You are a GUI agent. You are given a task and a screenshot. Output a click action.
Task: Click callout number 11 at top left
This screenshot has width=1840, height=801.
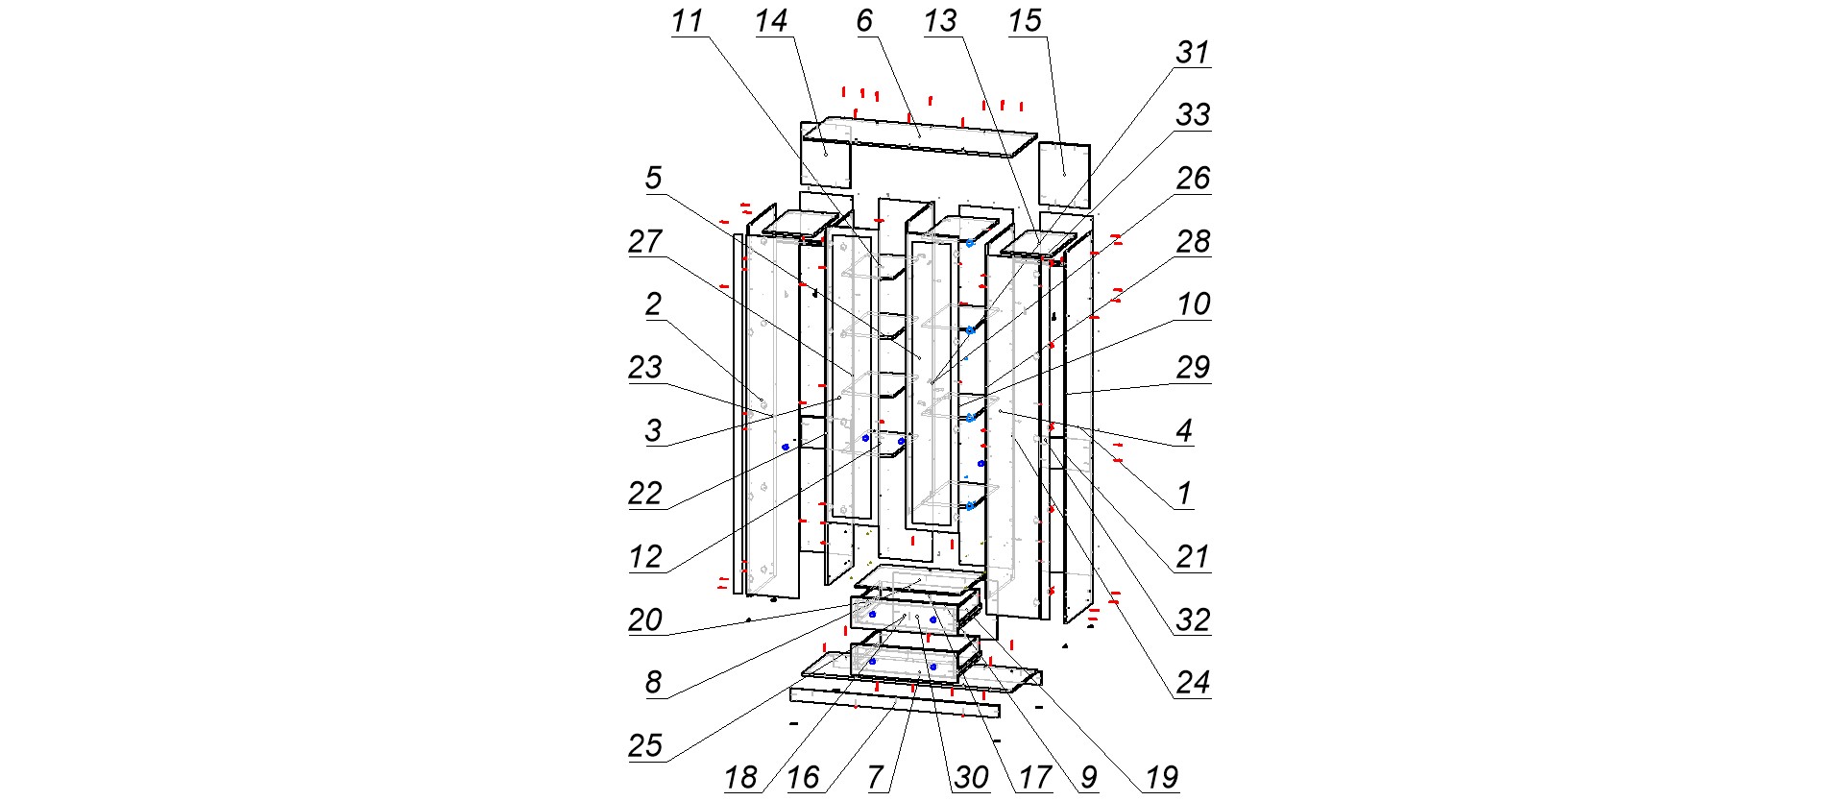point(687,21)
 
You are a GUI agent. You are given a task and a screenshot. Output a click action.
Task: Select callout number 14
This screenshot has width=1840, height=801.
point(771,21)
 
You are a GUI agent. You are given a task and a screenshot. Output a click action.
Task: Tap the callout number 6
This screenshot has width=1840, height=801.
point(864,21)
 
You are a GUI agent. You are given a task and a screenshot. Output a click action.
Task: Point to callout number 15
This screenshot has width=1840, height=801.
point(1025,21)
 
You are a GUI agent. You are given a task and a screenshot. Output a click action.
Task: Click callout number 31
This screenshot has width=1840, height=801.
point(1193,52)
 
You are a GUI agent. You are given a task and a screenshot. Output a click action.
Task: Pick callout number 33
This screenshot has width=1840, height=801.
point(1193,115)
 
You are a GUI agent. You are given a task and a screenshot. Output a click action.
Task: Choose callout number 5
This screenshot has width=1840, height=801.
point(653,178)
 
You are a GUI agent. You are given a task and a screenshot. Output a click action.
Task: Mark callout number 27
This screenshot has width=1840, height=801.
point(645,241)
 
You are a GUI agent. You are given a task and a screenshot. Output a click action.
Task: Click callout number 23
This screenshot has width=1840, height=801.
point(645,367)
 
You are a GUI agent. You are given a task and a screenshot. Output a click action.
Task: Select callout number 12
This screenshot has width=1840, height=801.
point(645,557)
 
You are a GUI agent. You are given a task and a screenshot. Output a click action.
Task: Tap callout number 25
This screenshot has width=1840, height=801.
point(645,745)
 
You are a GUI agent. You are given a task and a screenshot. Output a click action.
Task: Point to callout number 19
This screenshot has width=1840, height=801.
point(1162,777)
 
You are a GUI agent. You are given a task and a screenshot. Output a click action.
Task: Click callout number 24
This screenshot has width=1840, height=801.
point(1193,683)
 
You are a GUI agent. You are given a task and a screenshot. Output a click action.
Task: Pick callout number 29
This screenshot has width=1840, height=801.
point(1193,367)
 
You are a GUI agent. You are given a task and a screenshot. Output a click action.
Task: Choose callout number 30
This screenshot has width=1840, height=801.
point(972,777)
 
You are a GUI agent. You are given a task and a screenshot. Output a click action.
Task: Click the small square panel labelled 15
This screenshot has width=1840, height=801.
point(1064,175)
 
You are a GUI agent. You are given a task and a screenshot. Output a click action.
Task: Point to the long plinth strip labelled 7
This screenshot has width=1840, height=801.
point(893,702)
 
